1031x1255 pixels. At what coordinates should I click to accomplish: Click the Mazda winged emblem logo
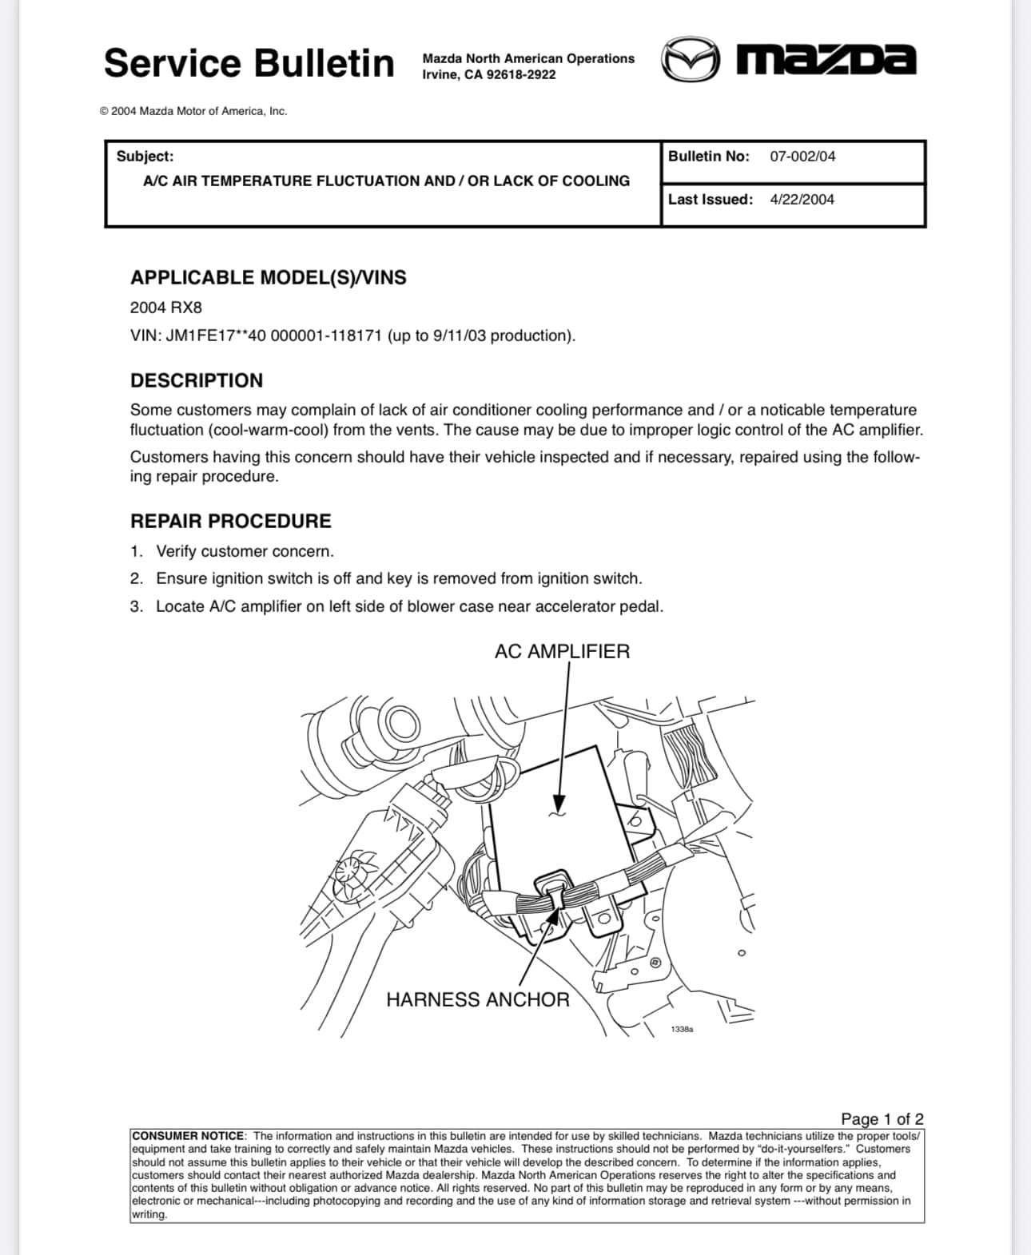[690, 59]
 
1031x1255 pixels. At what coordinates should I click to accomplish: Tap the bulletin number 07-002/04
[802, 157]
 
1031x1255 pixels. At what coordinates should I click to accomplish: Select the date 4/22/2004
[802, 200]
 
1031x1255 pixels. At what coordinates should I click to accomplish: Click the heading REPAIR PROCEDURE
[230, 521]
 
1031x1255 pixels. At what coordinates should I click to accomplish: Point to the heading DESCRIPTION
[197, 380]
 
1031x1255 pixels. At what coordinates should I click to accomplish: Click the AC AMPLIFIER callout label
[562, 651]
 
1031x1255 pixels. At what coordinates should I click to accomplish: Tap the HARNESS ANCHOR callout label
[477, 999]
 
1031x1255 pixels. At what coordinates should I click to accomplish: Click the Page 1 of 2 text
[882, 1118]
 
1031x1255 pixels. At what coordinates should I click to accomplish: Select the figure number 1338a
[682, 1029]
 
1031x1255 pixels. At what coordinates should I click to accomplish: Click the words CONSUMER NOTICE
[189, 1136]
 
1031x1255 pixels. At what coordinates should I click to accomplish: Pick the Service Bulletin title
[249, 63]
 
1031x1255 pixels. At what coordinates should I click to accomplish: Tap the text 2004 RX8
[166, 308]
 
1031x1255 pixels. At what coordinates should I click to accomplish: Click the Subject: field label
[145, 157]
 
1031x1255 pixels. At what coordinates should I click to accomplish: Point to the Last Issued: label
[711, 200]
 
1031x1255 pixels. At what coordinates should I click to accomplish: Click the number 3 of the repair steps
[137, 606]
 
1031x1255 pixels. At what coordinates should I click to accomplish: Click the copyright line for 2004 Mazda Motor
[193, 111]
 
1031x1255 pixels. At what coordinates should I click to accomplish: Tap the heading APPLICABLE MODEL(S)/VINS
[268, 277]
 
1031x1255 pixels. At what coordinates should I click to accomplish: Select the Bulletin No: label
[708, 157]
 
